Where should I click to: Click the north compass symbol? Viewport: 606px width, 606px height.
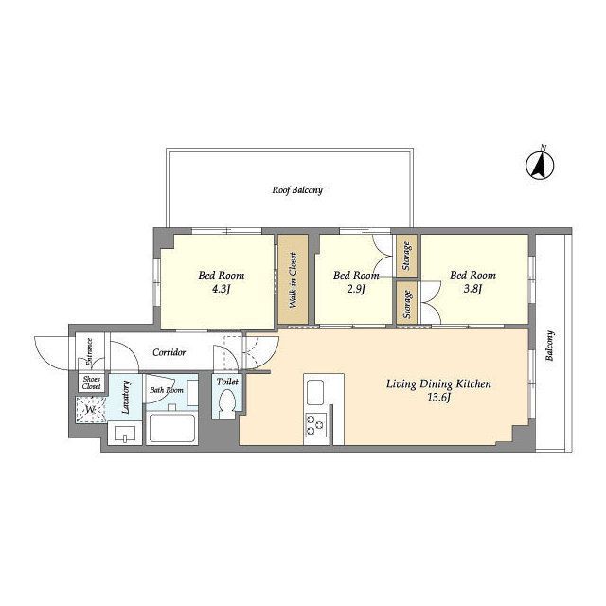click(x=540, y=166)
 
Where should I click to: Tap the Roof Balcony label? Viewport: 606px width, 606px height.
click(x=297, y=190)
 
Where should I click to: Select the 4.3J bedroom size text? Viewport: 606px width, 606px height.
click(x=221, y=289)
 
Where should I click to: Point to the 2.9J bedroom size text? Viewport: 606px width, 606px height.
click(x=356, y=289)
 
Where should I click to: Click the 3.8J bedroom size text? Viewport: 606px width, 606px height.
click(x=472, y=289)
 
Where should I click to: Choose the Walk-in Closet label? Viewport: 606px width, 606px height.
click(x=293, y=280)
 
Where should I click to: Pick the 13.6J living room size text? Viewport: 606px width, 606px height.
click(x=439, y=398)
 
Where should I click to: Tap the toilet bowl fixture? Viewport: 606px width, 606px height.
click(x=227, y=403)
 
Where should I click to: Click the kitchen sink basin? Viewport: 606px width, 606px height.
click(x=315, y=392)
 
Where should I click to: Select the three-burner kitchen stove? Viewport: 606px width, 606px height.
click(x=316, y=425)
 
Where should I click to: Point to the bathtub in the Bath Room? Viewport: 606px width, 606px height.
click(x=171, y=428)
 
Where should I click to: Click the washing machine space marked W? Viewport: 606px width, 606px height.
click(x=91, y=410)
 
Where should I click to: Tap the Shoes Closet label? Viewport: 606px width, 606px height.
click(x=92, y=383)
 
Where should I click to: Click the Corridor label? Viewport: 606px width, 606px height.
click(x=169, y=352)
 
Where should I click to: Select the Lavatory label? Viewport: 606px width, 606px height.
click(x=126, y=398)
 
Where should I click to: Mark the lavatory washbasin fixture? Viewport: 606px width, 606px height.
click(x=125, y=434)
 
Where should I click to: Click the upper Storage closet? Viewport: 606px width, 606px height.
click(x=406, y=256)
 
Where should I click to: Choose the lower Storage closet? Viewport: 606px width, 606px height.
click(x=406, y=303)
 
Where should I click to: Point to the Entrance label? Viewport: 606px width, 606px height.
click(x=89, y=351)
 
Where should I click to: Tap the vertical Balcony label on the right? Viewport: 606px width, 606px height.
click(x=550, y=345)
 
